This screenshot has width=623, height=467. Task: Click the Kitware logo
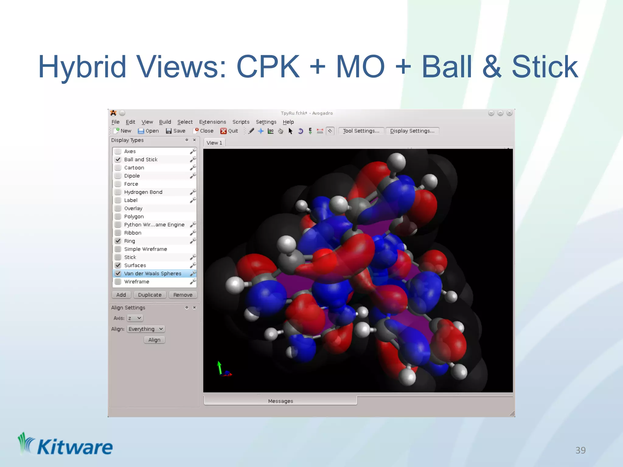tap(65, 445)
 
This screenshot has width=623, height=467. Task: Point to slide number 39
tap(580, 450)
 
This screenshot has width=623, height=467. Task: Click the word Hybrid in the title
tap(82, 67)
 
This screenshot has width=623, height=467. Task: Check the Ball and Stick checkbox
tap(118, 160)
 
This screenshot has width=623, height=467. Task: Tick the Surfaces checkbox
tap(118, 265)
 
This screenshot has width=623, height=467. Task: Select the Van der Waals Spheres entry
tap(152, 274)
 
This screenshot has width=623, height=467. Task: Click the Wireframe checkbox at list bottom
tap(118, 282)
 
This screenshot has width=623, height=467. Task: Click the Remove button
tap(183, 295)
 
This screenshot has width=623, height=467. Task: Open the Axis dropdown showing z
tap(135, 318)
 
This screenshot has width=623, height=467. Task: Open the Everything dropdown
tap(146, 329)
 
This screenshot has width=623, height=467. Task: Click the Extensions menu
tap(212, 122)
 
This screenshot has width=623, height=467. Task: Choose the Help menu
tap(288, 122)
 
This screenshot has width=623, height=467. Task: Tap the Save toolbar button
tap(176, 131)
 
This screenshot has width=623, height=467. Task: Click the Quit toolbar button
tap(229, 131)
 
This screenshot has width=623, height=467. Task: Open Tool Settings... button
tap(361, 131)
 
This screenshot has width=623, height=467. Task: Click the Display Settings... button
tap(412, 131)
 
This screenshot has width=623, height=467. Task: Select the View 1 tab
tap(214, 143)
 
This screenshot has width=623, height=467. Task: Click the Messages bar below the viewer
tap(280, 401)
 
